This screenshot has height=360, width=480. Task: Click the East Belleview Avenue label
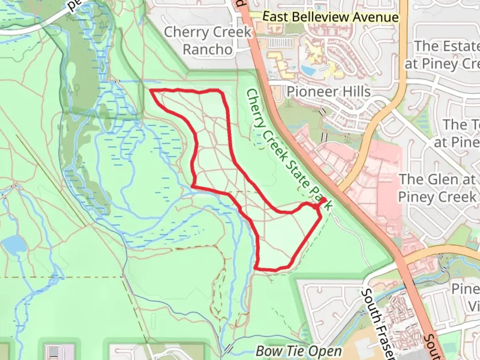[330, 17]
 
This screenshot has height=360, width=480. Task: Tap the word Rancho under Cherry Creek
[207, 50]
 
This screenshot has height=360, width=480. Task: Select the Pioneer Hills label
[329, 92]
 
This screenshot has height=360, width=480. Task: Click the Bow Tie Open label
[299, 351]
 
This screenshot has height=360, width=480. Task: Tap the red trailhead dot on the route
[323, 200]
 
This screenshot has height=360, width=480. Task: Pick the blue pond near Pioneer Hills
[308, 70]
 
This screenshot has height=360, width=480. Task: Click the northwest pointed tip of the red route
[151, 91]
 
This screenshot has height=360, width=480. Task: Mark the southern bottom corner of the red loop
[256, 268]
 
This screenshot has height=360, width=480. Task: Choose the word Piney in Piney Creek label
[418, 197]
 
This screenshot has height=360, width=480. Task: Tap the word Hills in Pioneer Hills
[356, 92]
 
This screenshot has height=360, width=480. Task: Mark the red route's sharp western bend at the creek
[193, 185]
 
